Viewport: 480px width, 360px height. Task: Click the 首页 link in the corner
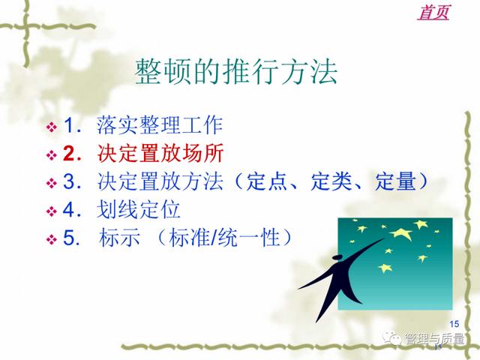pos(433,13)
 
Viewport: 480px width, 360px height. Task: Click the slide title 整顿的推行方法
pos(236,72)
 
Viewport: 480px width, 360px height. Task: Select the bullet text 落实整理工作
pos(160,125)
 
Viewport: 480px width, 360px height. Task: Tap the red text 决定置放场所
pos(160,153)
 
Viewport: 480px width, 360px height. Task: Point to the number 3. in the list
pos(72,181)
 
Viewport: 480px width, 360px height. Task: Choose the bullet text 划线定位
pos(138,209)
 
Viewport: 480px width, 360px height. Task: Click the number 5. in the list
pos(72,238)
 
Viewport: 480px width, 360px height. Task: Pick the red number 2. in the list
pos(72,153)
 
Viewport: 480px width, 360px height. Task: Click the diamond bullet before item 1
pos(52,127)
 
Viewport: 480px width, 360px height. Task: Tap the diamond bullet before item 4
pos(52,211)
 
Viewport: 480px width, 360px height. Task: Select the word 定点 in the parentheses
pos(266,181)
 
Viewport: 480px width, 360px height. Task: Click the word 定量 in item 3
pos(395,181)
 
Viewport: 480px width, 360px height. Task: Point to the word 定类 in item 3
pos(331,181)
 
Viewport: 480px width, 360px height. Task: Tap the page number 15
pos(454,323)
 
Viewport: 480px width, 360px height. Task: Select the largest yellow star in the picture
pos(401,233)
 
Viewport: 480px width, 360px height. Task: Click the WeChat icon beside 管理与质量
pos(391,338)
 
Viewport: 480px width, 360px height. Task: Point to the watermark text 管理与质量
pos(434,338)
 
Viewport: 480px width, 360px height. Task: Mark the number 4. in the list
pos(72,209)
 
